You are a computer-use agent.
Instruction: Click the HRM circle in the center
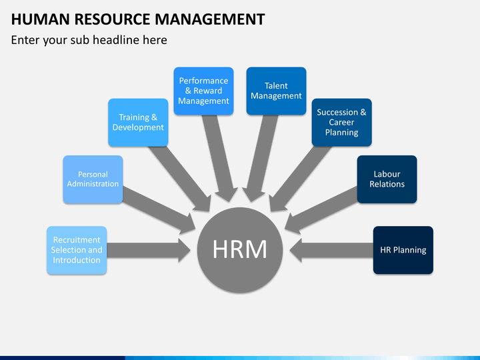[x=240, y=250]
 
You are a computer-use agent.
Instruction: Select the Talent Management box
[x=276, y=91]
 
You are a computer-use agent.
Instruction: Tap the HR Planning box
[x=403, y=250]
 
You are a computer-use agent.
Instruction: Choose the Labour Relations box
[x=387, y=179]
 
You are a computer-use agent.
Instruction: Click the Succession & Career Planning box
[x=341, y=122]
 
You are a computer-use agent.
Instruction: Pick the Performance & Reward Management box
[x=203, y=91]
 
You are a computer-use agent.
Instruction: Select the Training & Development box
[x=138, y=122]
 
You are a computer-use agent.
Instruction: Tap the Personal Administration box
[x=93, y=179]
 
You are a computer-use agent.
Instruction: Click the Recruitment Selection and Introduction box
[x=77, y=250]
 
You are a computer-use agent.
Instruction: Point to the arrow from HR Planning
[x=331, y=250]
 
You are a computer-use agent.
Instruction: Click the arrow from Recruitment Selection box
[x=149, y=250]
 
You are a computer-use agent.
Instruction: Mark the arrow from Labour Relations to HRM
[x=321, y=210]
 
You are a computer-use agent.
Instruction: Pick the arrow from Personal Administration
[x=159, y=210]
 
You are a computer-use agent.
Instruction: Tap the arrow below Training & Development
[x=180, y=179]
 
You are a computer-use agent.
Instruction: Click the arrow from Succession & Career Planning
[x=300, y=179]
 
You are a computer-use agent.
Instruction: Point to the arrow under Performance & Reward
[x=220, y=158]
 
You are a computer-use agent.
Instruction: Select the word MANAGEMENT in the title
[x=210, y=19]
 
